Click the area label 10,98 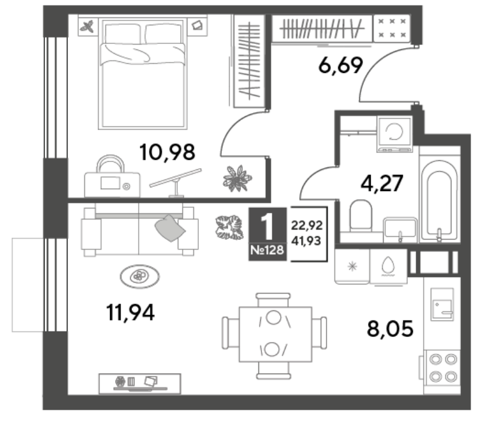(x=167, y=152)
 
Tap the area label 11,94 (x=130, y=313)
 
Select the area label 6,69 (x=340, y=65)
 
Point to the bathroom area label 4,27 (x=381, y=184)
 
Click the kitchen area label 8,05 (x=390, y=328)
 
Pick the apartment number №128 (x=267, y=250)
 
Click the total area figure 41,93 (x=307, y=241)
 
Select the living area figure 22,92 (x=307, y=225)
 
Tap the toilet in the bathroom (x=360, y=216)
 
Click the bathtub (x=440, y=200)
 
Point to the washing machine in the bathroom (x=395, y=134)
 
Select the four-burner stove (x=443, y=368)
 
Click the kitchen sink (x=442, y=305)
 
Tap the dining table (x=275, y=334)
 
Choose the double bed (x=143, y=74)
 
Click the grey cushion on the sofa (x=170, y=228)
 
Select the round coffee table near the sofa (x=140, y=277)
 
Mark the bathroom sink (x=399, y=230)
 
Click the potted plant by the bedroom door (x=237, y=178)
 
